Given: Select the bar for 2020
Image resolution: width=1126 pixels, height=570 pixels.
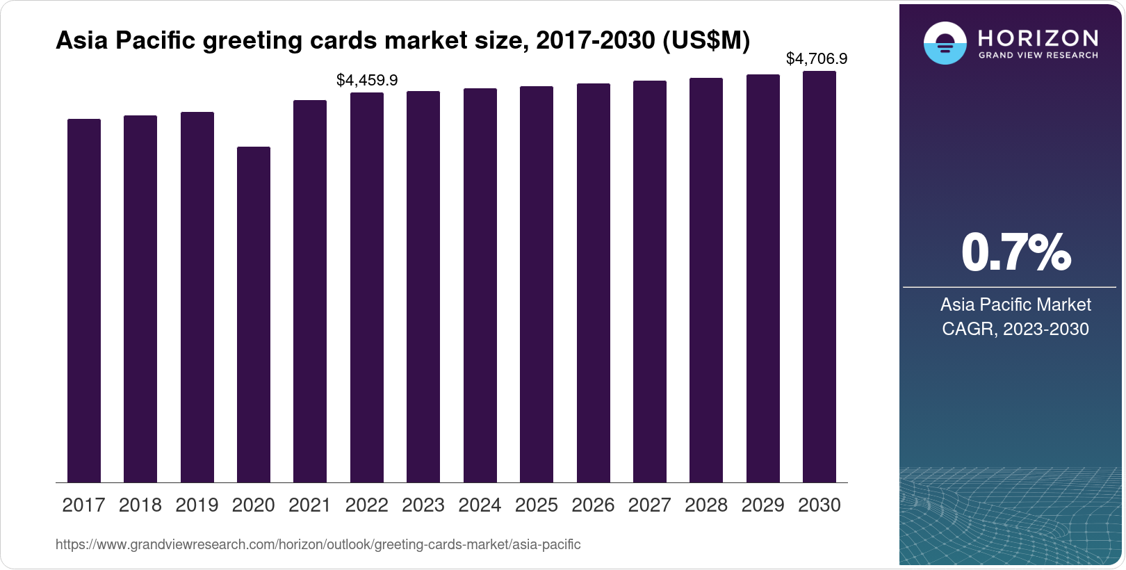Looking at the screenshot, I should (254, 314).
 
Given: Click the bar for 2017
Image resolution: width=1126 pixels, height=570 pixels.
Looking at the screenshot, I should (84, 300).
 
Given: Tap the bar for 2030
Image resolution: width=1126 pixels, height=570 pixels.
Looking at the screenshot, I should (819, 277).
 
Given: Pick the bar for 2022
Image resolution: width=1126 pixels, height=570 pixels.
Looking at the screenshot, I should (367, 287).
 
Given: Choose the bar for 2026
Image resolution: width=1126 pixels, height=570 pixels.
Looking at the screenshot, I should (594, 283).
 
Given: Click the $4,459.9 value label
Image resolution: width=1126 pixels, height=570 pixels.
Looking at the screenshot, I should (367, 81).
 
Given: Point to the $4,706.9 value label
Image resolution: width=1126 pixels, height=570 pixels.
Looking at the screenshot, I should (816, 59).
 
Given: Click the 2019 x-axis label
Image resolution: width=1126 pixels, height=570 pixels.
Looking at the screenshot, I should (197, 505).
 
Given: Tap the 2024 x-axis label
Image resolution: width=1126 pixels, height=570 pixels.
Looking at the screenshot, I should (480, 505).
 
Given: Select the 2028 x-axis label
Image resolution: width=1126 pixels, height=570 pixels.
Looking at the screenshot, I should (706, 505).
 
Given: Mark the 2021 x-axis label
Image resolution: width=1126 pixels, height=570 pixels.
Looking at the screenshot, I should (310, 505).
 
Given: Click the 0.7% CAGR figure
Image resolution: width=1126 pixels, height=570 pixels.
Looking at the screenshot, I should (1015, 253).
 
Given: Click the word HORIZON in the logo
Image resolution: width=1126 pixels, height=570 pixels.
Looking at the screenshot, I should (1038, 38).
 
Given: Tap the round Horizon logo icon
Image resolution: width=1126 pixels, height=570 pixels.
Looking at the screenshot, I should (945, 43).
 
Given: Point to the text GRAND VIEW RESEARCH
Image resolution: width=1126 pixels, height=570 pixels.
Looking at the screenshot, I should (1038, 56).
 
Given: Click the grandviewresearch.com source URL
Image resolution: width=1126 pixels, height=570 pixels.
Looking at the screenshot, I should (318, 545).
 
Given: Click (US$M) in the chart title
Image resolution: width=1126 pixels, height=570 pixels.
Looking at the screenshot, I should (705, 41).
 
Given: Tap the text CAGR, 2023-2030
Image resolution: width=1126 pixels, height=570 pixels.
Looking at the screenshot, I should (1015, 329).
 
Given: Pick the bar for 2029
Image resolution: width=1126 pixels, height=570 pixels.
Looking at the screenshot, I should (763, 278).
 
